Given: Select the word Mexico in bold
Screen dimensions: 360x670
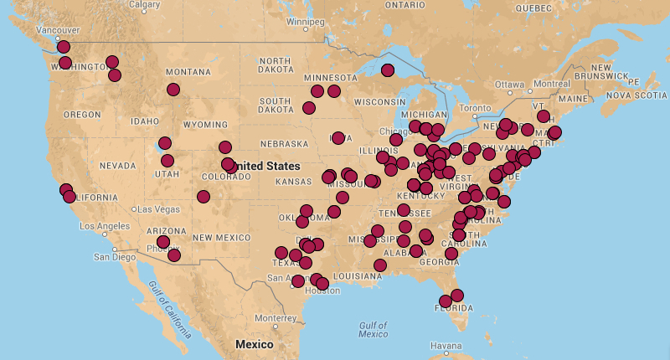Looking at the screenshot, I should pyautogui.click(x=254, y=344).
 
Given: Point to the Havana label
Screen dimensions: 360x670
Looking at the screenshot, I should pyautogui.click(x=446, y=346).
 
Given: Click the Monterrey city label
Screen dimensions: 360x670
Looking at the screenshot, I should pyautogui.click(x=276, y=317).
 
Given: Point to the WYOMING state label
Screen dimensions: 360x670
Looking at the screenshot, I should pyautogui.click(x=205, y=125).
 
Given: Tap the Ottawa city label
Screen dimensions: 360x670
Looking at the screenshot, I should pyautogui.click(x=508, y=85).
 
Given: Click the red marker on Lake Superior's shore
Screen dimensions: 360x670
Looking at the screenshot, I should pyautogui.click(x=387, y=70).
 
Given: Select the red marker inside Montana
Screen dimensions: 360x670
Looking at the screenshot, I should pyautogui.click(x=173, y=90).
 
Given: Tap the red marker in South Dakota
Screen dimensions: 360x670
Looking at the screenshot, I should pyautogui.click(x=309, y=107).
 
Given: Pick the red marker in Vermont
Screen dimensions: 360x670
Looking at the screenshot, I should pyautogui.click(x=543, y=116).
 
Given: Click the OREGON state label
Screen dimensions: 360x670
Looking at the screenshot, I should pyautogui.click(x=82, y=114).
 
